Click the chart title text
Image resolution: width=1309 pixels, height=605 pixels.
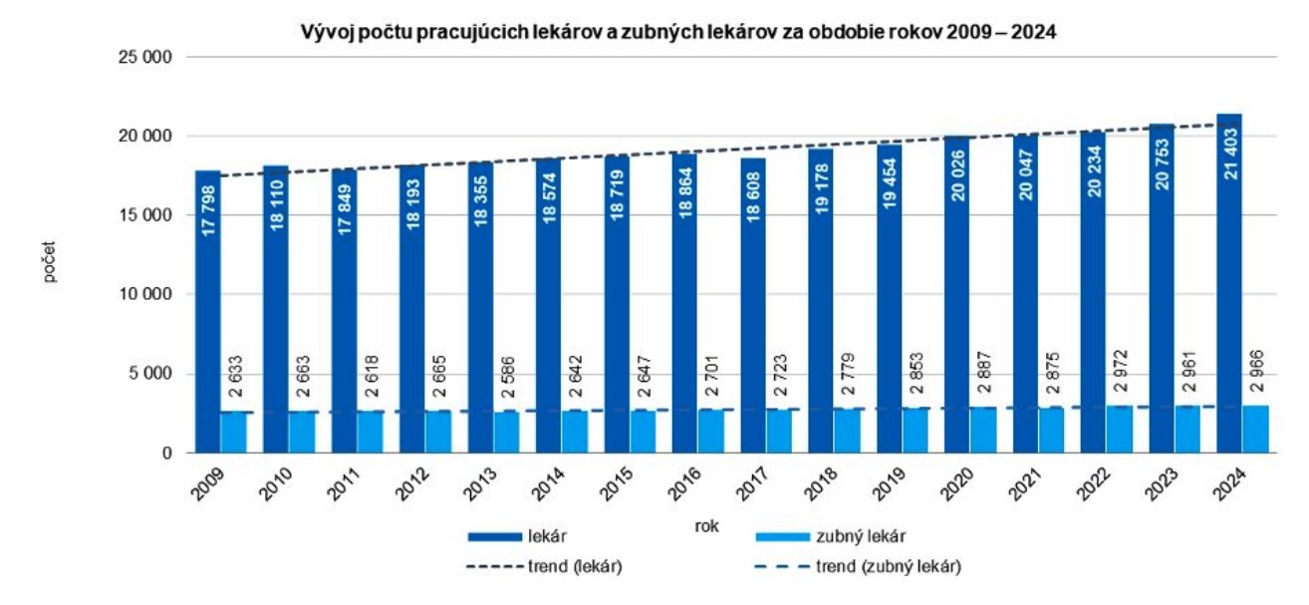[x=678, y=32]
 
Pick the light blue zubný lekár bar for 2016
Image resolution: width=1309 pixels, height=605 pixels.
[x=711, y=432]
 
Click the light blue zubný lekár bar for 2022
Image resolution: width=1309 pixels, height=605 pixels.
[x=1120, y=430]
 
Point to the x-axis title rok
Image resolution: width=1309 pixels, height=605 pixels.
[x=706, y=524]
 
